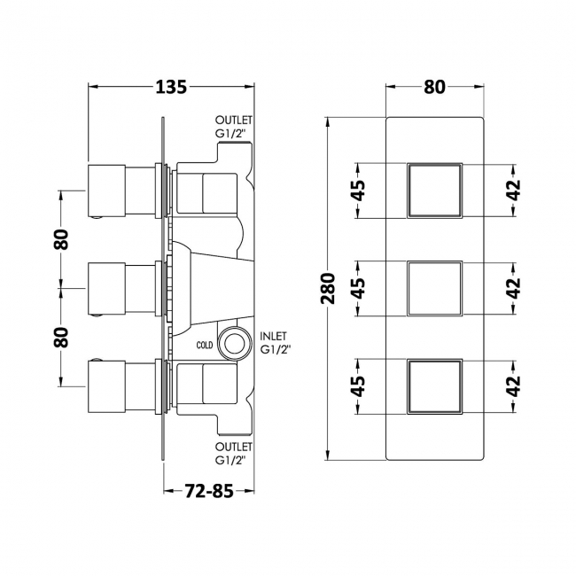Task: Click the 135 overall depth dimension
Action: pyautogui.click(x=171, y=87)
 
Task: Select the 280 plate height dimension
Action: pyautogui.click(x=328, y=288)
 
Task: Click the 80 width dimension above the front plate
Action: pyautogui.click(x=434, y=87)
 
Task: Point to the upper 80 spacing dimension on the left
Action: pyautogui.click(x=60, y=239)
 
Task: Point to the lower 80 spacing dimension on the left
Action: pyautogui.click(x=60, y=337)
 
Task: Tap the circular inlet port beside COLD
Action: pyautogui.click(x=235, y=342)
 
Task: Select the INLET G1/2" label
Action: pyautogui.click(x=276, y=343)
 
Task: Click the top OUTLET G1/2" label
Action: pyautogui.click(x=235, y=128)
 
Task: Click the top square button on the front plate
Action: pyautogui.click(x=434, y=190)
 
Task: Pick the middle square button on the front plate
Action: pyautogui.click(x=434, y=287)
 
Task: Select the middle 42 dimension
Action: pyautogui.click(x=514, y=287)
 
